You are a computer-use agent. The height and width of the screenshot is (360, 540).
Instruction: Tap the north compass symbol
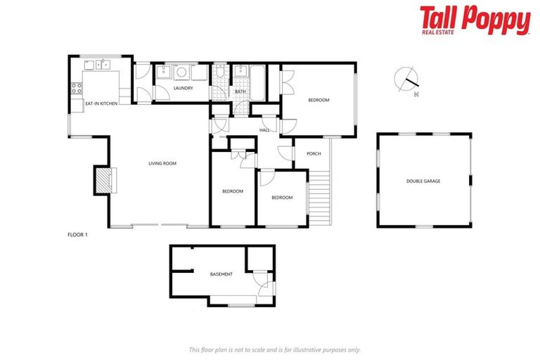(406, 79)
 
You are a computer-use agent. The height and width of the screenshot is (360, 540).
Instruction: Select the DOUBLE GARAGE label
(423, 181)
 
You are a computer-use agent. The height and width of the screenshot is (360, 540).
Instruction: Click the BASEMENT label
(221, 274)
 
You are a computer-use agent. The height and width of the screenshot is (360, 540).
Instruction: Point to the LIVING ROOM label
(162, 163)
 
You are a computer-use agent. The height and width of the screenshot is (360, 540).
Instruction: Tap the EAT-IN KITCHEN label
(101, 104)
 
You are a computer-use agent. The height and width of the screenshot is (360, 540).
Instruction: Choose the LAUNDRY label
(183, 88)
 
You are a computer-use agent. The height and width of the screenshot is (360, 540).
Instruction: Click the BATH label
(240, 91)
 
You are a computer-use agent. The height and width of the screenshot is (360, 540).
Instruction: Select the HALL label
(264, 130)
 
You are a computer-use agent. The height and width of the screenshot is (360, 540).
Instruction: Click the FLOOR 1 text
(77, 234)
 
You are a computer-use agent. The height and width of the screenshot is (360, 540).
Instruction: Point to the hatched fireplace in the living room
(103, 181)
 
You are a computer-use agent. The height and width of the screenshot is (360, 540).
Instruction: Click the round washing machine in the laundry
(181, 72)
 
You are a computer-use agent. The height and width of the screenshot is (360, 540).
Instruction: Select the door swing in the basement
(262, 285)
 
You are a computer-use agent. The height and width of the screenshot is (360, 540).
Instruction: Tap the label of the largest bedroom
(319, 100)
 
